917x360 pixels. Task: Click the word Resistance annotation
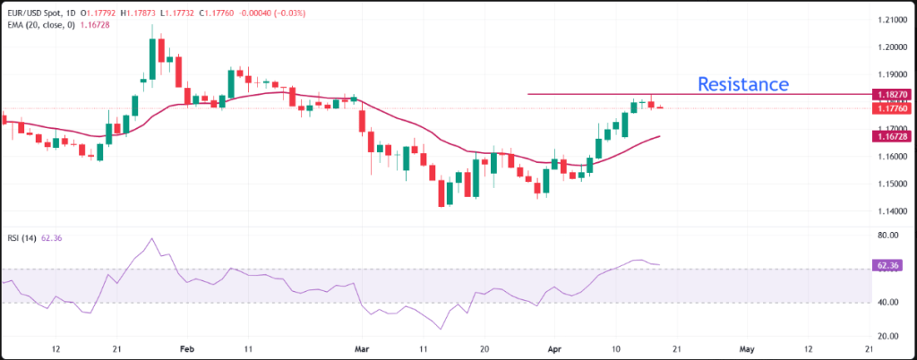[x=743, y=84]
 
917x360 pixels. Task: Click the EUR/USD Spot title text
[x=35, y=14]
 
